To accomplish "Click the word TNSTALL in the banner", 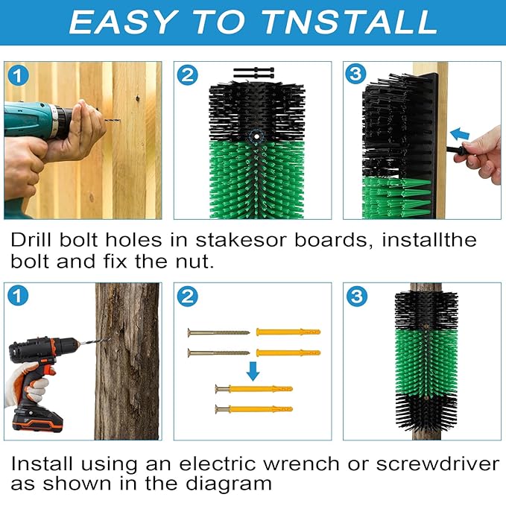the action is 350,22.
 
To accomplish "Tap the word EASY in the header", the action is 123,22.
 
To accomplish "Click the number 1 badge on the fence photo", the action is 18,76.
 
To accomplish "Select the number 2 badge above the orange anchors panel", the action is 188,297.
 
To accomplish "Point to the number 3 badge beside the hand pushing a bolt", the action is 355,74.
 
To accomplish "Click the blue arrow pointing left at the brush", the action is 460,134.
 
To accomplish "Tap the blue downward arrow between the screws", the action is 253,371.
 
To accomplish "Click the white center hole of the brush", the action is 256,136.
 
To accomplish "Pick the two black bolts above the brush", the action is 253,72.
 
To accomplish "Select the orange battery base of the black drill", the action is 37,420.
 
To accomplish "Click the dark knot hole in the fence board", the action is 137,98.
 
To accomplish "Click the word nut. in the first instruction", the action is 195,262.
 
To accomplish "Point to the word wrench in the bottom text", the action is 301,464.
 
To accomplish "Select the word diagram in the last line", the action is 229,484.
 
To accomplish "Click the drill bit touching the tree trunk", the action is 89,342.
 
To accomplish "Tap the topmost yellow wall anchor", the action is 288,332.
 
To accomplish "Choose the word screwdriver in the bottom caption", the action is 437,464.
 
